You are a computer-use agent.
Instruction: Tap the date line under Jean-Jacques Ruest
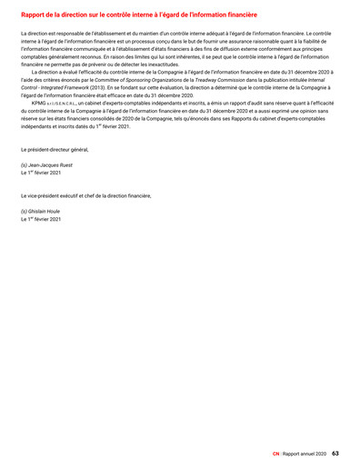(41, 173)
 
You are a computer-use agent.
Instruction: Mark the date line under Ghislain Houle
(41, 219)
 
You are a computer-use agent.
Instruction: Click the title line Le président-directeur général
(55, 148)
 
